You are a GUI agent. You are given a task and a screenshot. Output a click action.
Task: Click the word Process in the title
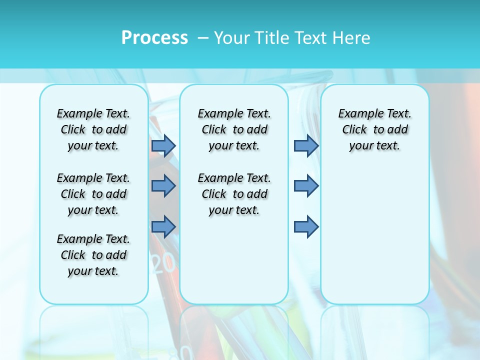[154, 38]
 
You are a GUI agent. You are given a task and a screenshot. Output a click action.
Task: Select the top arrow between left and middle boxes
[163, 145]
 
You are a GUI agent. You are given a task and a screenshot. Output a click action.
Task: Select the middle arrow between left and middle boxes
[163, 186]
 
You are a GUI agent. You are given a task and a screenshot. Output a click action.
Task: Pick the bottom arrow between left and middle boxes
[163, 226]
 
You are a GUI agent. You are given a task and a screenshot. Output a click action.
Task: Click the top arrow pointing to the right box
[306, 145]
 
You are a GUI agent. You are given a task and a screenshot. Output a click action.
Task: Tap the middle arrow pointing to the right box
[306, 186]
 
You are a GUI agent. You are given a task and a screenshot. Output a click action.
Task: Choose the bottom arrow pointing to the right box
[306, 226]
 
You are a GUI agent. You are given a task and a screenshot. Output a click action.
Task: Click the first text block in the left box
[93, 129]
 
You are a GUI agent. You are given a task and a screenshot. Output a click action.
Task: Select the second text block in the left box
[93, 194]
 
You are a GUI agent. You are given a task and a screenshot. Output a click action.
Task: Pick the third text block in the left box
[93, 255]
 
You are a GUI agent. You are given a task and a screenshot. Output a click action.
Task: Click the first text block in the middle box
[234, 129]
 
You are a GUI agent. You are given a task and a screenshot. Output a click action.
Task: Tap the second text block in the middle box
[234, 194]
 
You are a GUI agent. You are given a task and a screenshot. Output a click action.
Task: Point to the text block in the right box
[375, 129]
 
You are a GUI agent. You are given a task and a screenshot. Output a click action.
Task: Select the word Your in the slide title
[231, 38]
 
